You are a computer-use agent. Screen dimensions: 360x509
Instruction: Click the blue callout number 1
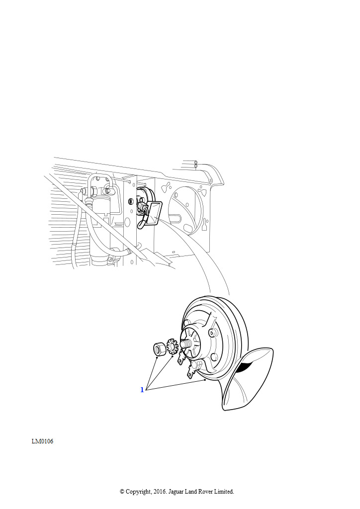click(142, 390)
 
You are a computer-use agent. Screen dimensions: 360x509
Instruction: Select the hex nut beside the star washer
click(159, 349)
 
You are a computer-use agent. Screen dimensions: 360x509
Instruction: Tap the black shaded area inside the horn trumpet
click(246, 366)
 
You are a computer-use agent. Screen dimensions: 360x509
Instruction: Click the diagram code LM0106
click(43, 441)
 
